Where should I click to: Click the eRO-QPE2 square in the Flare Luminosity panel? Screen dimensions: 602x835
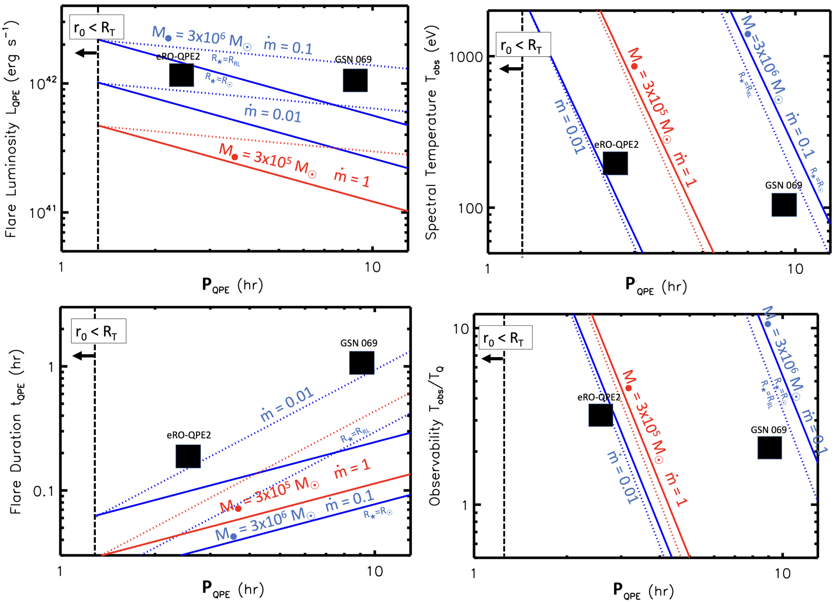click(181, 75)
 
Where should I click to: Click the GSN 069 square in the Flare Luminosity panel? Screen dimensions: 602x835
click(355, 80)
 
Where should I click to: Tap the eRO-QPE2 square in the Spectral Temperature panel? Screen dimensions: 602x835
click(615, 163)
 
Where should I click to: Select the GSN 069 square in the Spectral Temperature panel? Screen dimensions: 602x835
click(784, 205)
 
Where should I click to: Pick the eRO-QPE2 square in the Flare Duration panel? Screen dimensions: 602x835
click(188, 456)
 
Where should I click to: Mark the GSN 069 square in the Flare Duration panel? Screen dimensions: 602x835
click(361, 362)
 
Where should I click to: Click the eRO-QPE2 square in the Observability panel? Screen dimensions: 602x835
click(600, 415)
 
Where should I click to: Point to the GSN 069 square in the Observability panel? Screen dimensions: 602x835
click(769, 447)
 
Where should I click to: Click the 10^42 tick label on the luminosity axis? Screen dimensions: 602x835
click(43, 83)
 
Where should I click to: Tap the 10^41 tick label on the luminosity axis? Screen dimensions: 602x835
click(43, 212)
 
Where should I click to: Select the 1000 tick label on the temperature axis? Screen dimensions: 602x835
click(465, 57)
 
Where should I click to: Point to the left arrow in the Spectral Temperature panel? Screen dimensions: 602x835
click(510, 69)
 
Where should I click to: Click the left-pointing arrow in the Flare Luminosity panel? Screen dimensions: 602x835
click(86, 53)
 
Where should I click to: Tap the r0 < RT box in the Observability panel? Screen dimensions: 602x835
click(505, 337)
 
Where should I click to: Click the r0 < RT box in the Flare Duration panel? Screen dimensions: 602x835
click(99, 331)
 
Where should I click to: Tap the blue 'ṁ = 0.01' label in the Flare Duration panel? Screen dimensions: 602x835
click(287, 405)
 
